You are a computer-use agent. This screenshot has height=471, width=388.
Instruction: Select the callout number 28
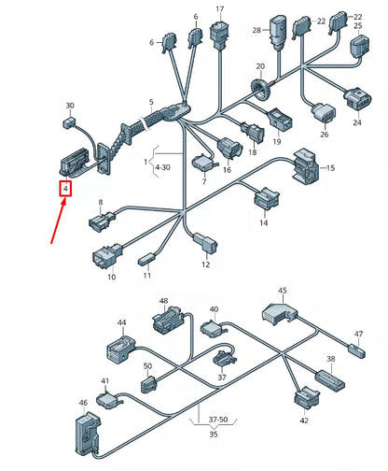pos(256,31)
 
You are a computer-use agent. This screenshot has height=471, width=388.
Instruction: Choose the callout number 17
pos(220,10)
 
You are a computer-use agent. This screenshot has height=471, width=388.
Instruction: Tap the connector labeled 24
pos(357,101)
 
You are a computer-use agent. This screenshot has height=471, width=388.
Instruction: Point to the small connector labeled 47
pos(354,350)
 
